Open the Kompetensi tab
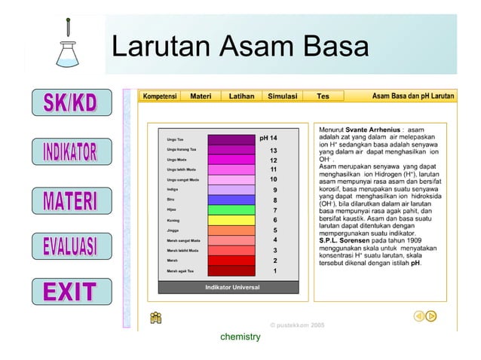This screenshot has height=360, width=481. tap(160, 96)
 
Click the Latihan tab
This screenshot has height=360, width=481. tap(241, 96)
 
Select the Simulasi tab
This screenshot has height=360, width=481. tap(283, 96)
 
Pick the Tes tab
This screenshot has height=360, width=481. tap(323, 96)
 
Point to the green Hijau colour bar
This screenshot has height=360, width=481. tap(231, 209)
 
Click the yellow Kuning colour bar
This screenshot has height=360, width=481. tap(231, 220)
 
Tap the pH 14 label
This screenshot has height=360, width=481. tap(268, 139)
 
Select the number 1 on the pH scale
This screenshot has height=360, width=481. tap(275, 270)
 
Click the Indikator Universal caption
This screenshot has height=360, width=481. tap(232, 288)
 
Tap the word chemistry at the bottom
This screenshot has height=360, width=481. tap(240, 337)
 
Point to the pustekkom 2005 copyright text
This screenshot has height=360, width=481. tap(296, 325)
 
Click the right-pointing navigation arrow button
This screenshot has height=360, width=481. tap(431, 316)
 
